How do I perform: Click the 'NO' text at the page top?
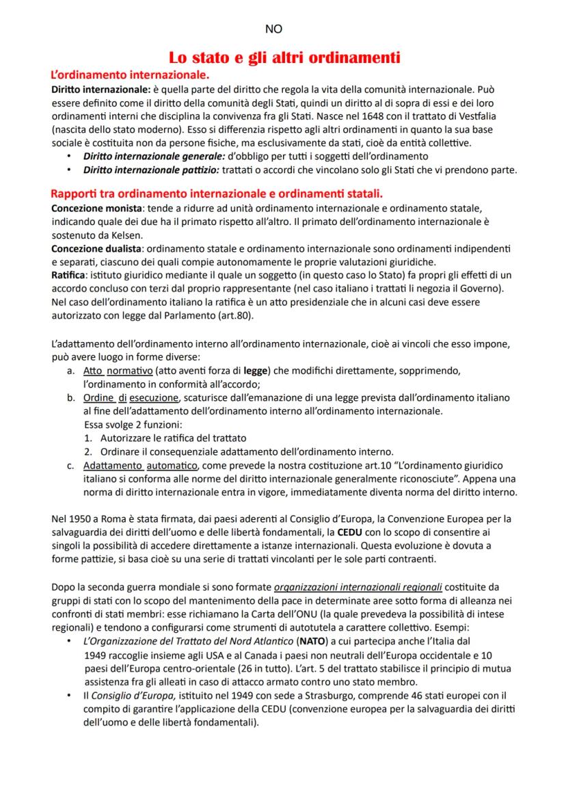273,29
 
